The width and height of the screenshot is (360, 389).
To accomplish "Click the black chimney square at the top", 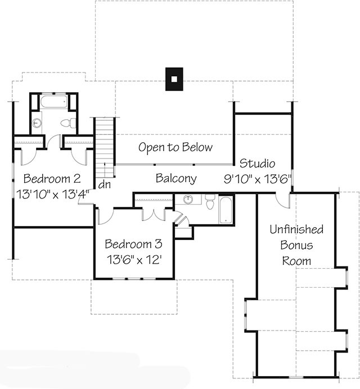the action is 174,79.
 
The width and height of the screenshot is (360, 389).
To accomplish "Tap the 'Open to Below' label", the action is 175,147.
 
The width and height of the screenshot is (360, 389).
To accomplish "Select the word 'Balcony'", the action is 176,179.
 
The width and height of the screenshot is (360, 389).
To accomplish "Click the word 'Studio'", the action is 257,164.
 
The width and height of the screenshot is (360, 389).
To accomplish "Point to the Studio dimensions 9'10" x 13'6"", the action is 257,180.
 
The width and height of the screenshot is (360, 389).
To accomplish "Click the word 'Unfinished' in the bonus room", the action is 296,229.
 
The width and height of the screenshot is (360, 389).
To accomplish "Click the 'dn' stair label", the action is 104,184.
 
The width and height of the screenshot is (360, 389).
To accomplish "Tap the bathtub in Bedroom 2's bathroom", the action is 54,103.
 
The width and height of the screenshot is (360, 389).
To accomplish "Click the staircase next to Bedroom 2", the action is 104,147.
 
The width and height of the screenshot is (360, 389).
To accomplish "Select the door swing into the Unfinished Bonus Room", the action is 283,201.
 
